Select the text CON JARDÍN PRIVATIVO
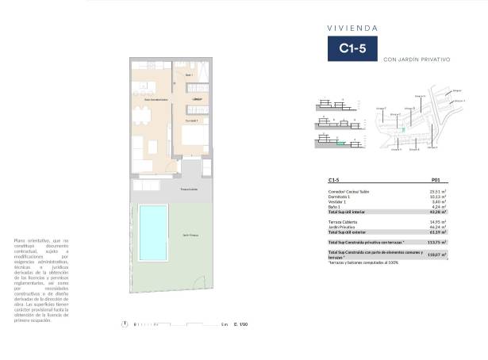tap(416, 59)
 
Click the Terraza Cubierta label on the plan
tap(188, 190)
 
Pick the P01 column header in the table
tap(436, 180)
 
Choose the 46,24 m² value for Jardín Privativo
tap(437, 228)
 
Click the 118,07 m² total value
tap(436, 255)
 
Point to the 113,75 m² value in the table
tap(436, 242)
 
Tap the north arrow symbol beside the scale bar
tap(124, 324)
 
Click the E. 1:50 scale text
tap(240, 324)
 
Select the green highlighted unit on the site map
tap(404, 129)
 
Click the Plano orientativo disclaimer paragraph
tap(41, 280)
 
